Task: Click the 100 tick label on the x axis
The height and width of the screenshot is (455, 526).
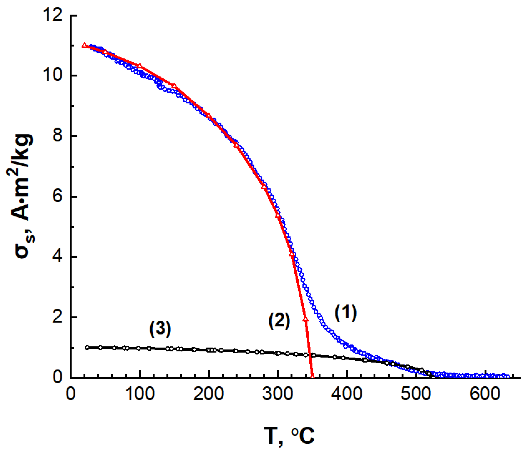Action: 140,394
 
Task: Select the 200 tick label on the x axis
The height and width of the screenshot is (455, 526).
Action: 209,394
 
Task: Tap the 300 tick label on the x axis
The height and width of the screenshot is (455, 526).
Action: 278,394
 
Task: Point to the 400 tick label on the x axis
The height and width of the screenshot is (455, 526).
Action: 347,394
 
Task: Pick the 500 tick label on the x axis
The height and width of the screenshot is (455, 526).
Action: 416,394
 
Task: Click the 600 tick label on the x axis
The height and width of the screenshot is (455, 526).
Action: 485,394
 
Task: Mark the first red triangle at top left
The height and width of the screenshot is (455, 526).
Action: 84,45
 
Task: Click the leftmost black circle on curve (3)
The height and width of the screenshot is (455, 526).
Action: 87,347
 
